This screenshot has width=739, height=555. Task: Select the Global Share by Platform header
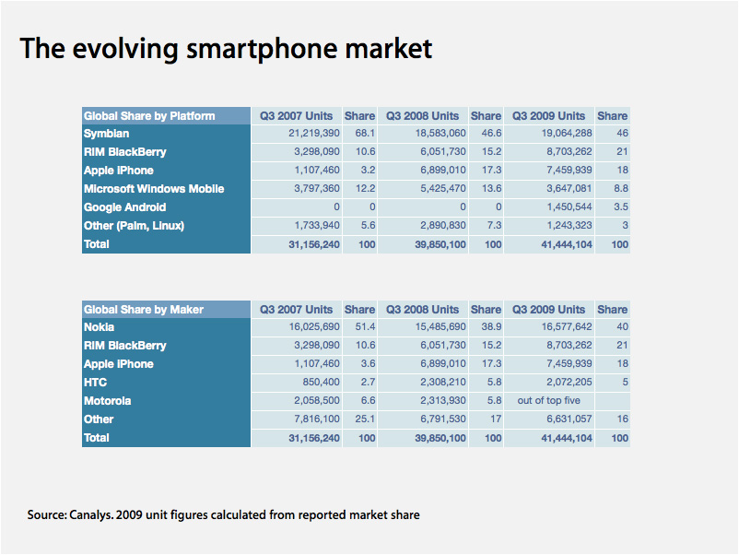click(x=149, y=116)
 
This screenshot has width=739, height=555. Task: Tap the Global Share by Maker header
click(x=144, y=310)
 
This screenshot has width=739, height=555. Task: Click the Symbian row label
click(x=107, y=134)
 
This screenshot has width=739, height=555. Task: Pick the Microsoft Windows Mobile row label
click(x=154, y=189)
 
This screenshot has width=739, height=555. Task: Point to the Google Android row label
click(x=125, y=207)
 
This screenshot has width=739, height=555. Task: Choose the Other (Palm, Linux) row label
click(x=135, y=226)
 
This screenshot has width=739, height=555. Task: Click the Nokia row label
click(x=100, y=327)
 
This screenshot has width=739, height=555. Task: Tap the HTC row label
click(x=96, y=383)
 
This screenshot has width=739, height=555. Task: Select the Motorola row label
click(x=108, y=401)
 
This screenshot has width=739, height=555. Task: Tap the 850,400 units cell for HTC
click(x=314, y=383)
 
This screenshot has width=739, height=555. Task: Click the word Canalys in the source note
click(x=91, y=514)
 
